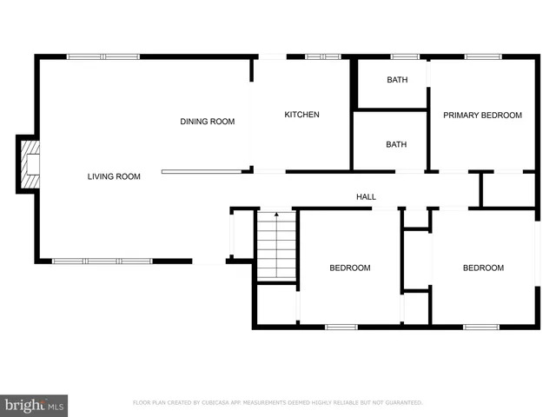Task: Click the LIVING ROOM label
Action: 114,176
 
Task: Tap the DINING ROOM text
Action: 207,122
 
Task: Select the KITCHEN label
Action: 302,115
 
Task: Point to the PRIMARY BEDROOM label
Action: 482,115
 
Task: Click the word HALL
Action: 366,197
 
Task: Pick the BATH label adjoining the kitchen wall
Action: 396,144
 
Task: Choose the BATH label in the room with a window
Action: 396,80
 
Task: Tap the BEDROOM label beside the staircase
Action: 349,268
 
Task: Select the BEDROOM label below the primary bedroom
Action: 482,268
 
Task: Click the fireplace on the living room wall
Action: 30,164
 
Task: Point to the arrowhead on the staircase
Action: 276,215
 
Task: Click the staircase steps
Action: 276,248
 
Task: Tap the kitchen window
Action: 322,57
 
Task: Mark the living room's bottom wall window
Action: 102,261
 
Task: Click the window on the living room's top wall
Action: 103,57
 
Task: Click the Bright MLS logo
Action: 34,405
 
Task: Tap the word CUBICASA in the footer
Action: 219,403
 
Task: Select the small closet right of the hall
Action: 507,190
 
